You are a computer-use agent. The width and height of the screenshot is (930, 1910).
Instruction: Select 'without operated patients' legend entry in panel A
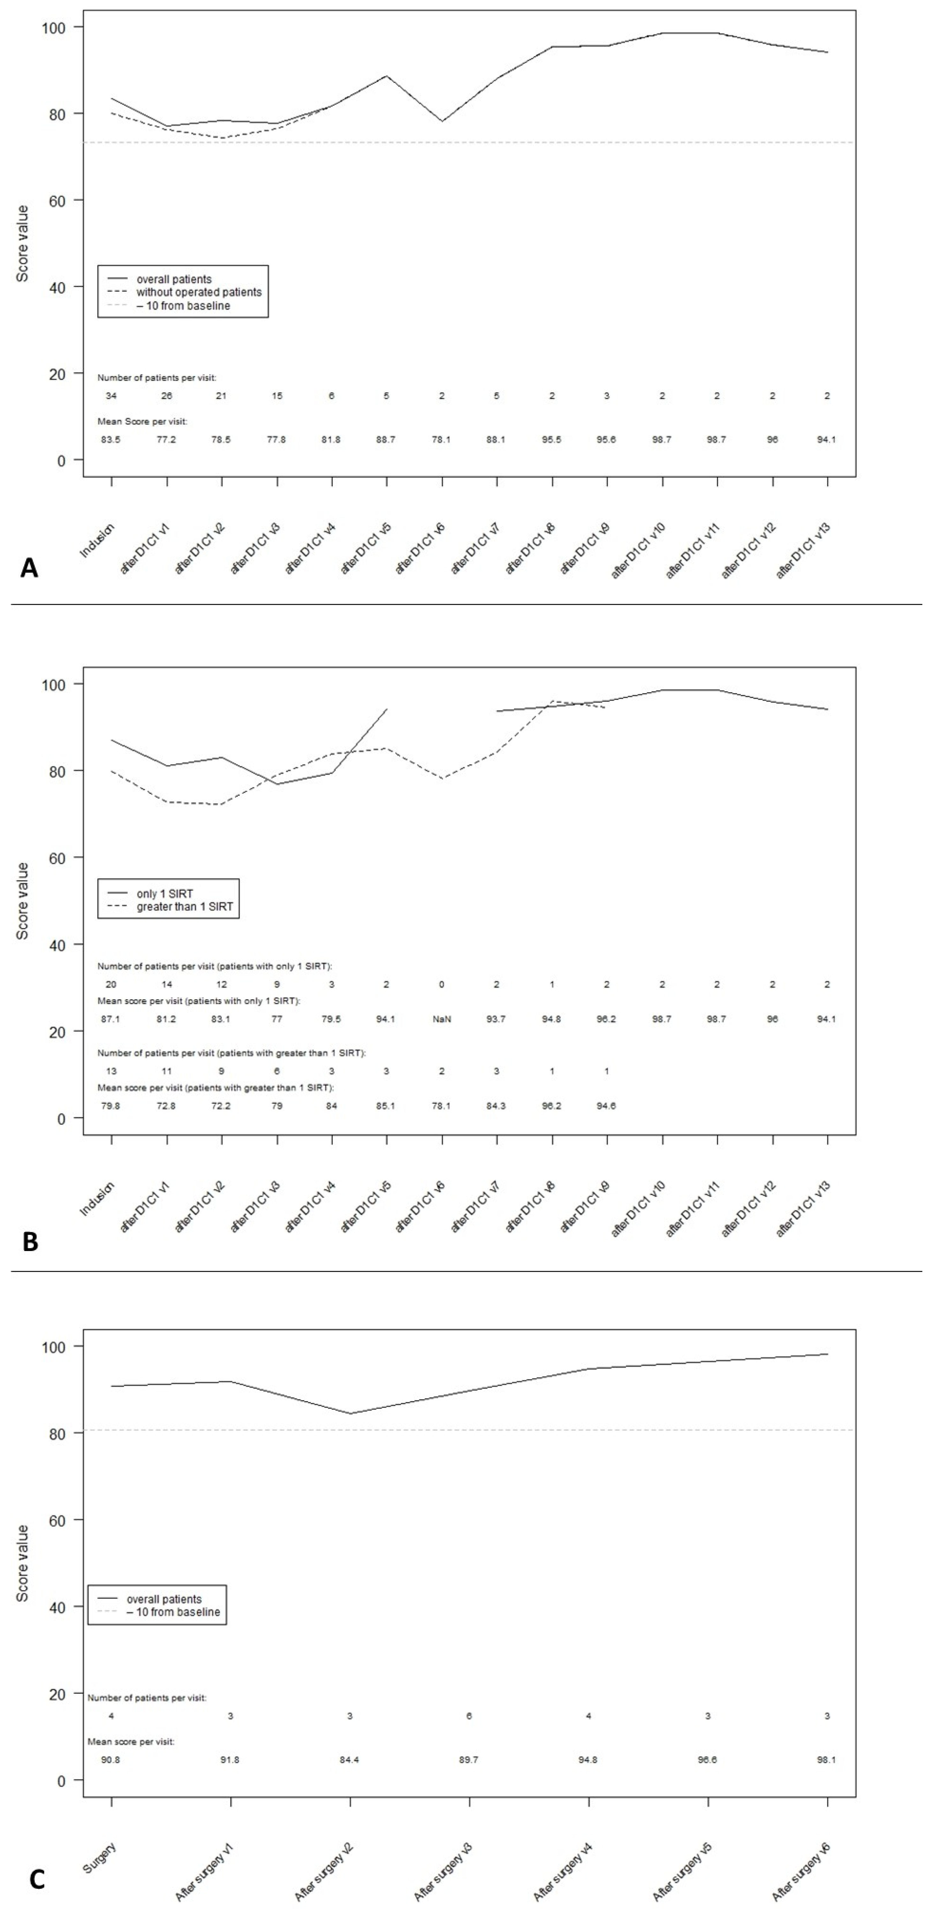(199, 292)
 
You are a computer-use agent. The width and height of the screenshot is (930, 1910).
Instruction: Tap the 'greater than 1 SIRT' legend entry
(185, 907)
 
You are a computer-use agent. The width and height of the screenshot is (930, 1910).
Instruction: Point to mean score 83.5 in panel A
(111, 440)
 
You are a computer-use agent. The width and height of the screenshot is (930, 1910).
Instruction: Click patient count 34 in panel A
(111, 396)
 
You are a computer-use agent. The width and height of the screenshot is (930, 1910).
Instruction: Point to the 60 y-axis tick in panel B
(56, 858)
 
